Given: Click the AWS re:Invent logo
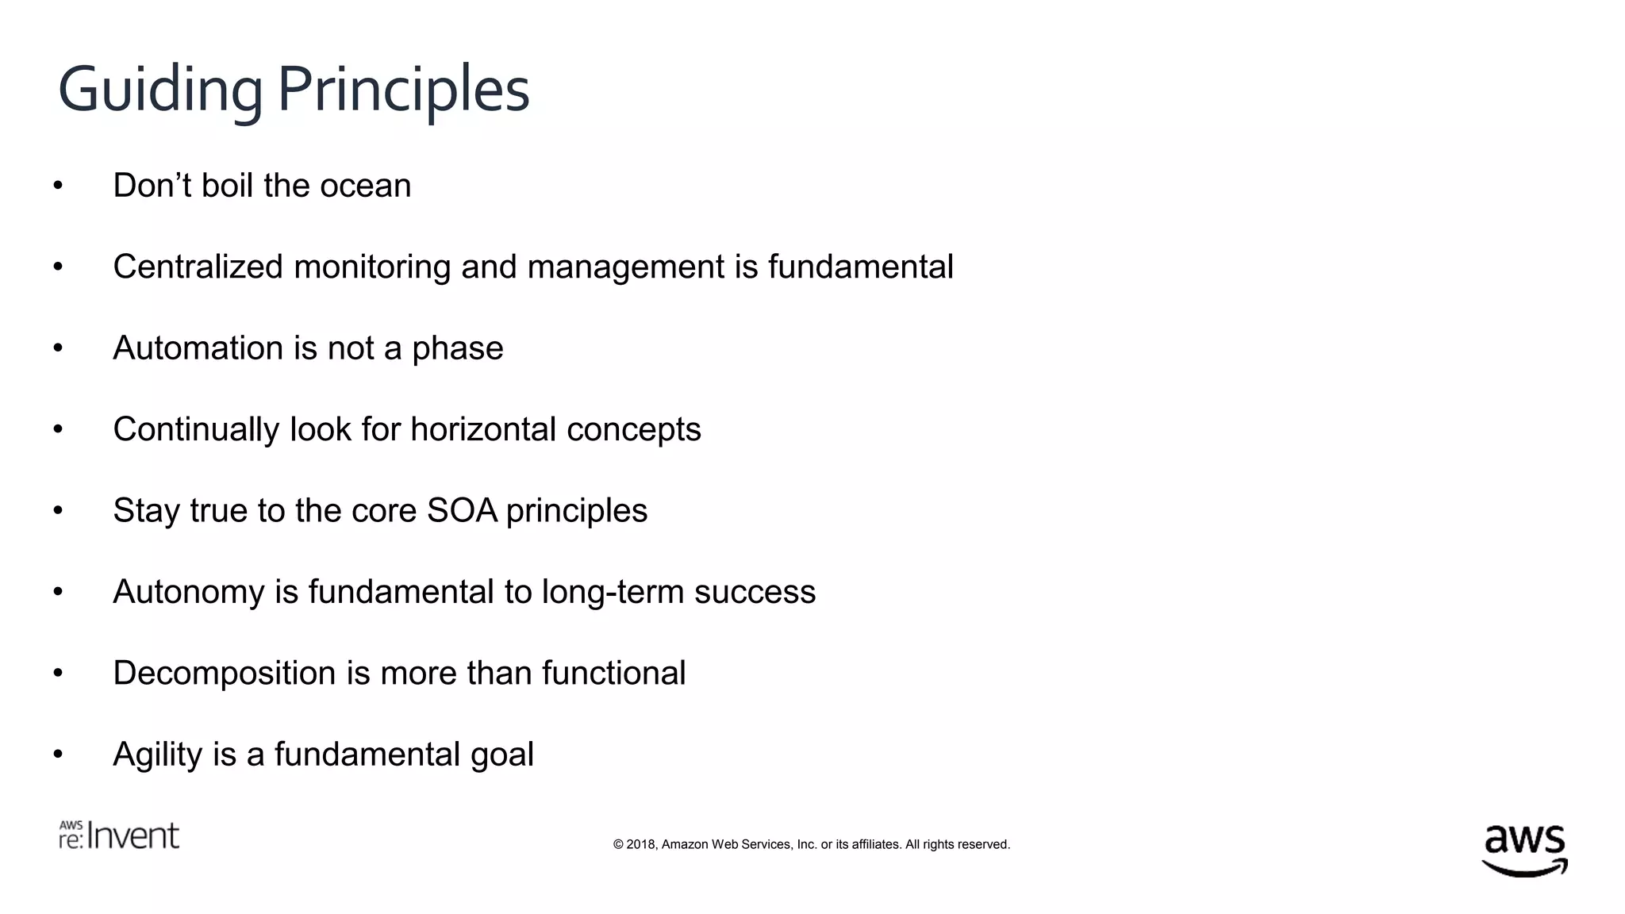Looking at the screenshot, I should [x=119, y=835].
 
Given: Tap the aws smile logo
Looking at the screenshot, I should [x=1524, y=851].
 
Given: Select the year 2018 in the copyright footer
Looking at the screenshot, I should [x=641, y=845].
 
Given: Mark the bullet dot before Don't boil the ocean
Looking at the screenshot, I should [x=58, y=186].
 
